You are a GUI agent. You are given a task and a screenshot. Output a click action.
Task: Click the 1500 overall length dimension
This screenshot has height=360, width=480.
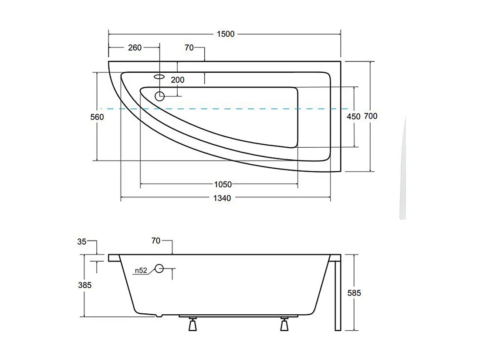click(x=225, y=34)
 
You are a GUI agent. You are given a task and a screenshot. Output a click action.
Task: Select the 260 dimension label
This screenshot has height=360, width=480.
click(x=135, y=48)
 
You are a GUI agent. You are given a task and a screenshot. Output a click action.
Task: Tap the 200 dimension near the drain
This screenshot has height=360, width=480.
click(x=178, y=80)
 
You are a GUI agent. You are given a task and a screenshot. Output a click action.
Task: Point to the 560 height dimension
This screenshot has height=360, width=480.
click(x=97, y=117)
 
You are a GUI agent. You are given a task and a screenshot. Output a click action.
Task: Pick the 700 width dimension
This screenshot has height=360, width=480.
click(x=371, y=116)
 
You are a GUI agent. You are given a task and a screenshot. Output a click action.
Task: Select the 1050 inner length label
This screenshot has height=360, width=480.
click(x=223, y=185)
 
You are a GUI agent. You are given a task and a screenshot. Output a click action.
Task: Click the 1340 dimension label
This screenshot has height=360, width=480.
click(x=222, y=198)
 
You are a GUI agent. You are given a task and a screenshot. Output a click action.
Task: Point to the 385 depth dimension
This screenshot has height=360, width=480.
click(x=85, y=285)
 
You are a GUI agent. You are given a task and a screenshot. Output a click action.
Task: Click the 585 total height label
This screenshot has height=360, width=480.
click(x=355, y=293)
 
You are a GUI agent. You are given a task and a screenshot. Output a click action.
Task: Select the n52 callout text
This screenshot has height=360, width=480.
click(x=140, y=270)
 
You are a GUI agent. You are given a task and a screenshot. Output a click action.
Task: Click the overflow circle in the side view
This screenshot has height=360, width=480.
click(x=159, y=268)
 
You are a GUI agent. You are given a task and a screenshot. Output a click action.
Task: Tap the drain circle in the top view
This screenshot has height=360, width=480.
click(x=160, y=96)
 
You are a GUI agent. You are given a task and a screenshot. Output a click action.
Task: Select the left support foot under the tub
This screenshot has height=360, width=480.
click(x=192, y=325)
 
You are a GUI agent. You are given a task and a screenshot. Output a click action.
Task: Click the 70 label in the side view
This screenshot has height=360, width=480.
click(x=155, y=241)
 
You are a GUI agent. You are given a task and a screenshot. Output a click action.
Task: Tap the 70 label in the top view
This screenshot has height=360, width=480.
click(x=189, y=48)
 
